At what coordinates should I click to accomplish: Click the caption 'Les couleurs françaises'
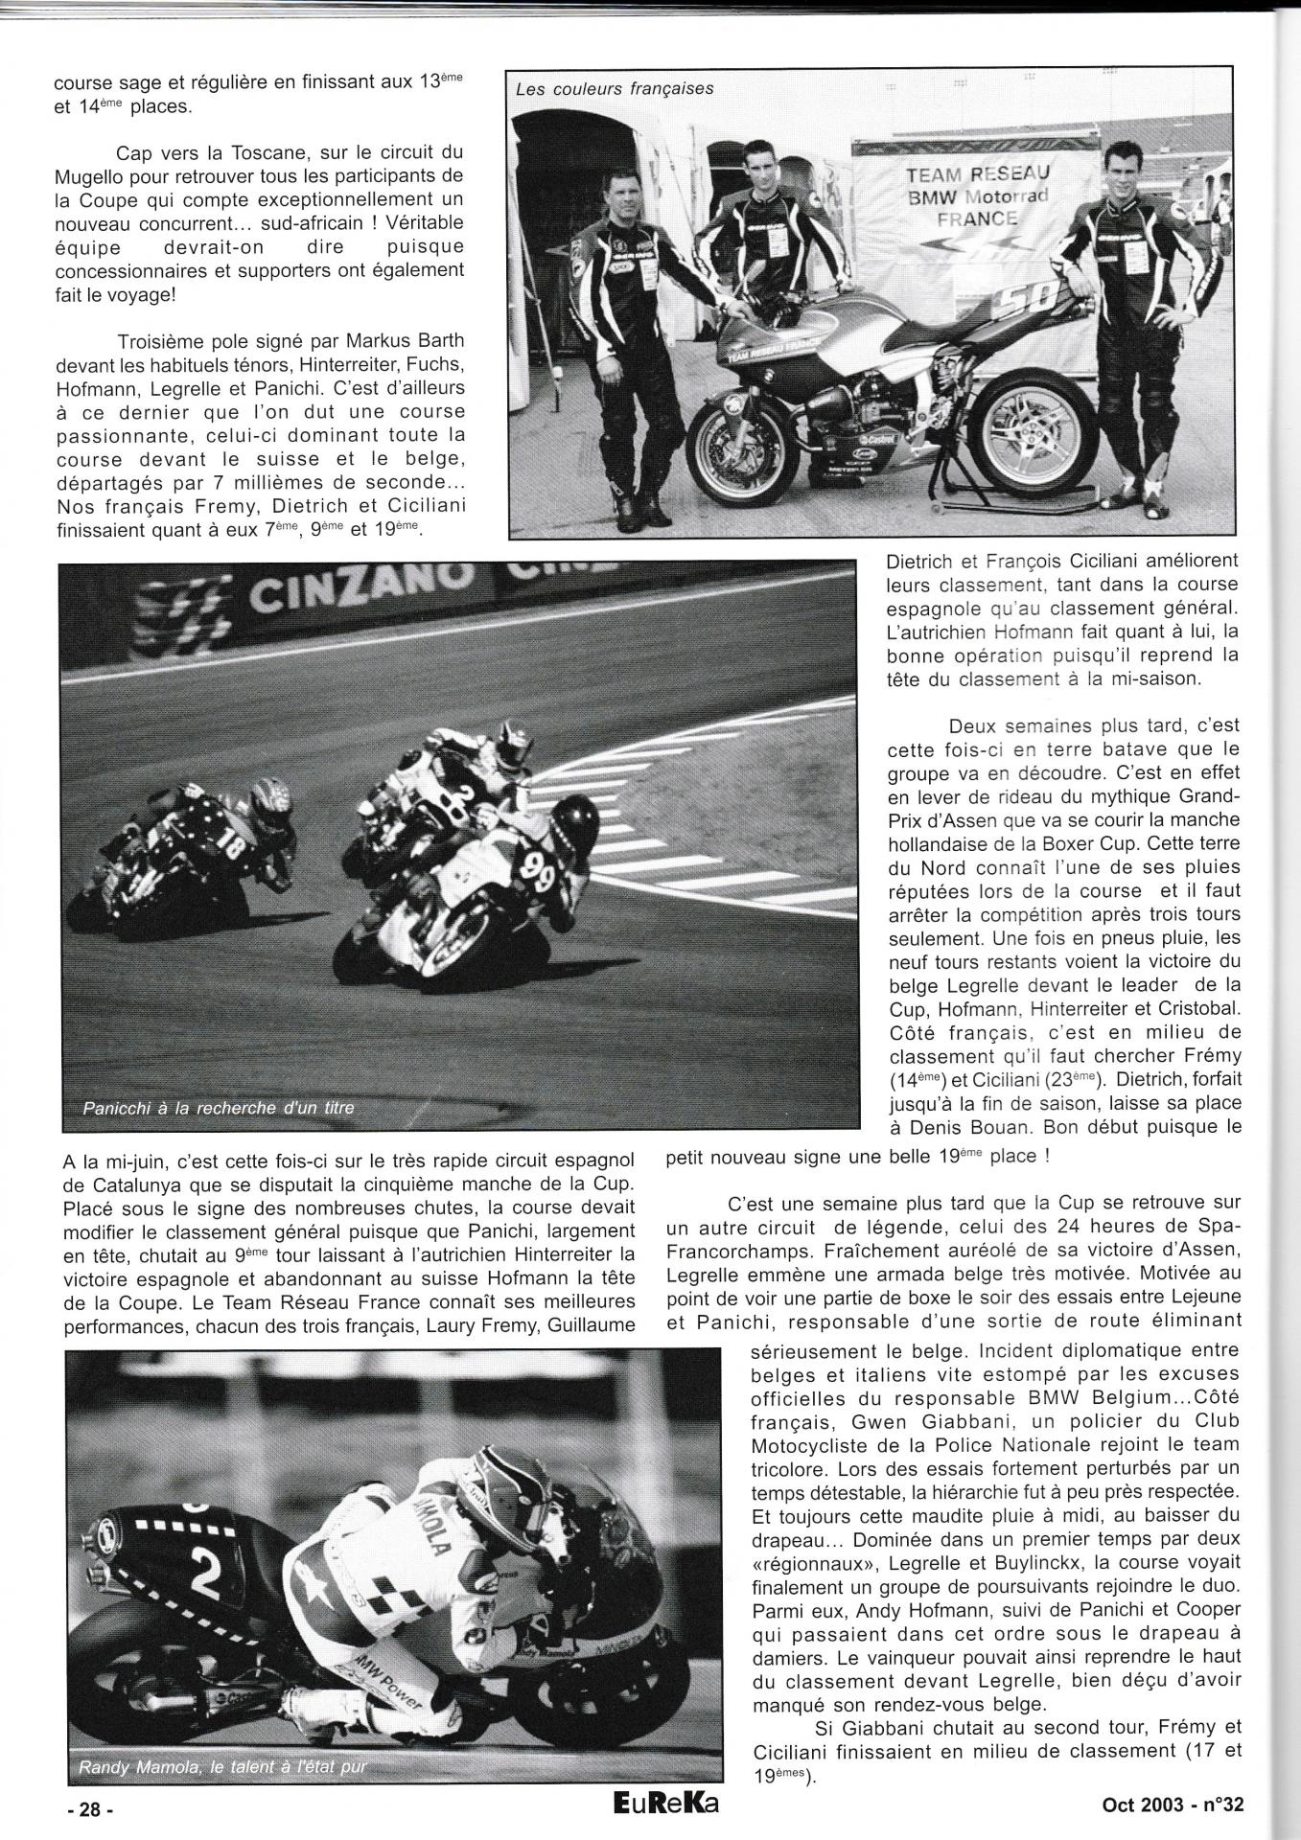coord(615,89)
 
